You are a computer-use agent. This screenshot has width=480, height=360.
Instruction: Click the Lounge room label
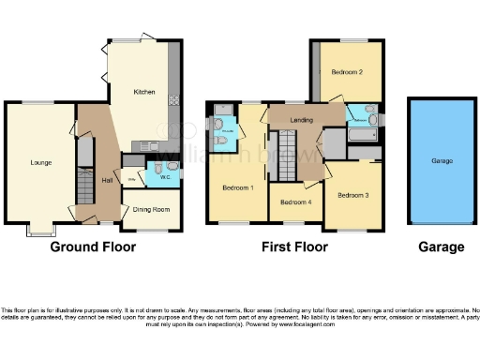(x=39, y=162)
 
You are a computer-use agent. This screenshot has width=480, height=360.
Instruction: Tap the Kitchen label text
(x=143, y=92)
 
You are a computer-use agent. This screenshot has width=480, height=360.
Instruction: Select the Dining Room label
(x=150, y=210)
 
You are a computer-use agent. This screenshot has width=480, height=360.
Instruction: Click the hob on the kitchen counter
(x=173, y=100)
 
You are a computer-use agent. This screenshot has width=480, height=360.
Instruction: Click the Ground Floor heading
(x=92, y=247)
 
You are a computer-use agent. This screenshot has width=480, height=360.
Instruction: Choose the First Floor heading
(x=295, y=247)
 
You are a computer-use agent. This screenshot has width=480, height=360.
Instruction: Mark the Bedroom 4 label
(x=293, y=202)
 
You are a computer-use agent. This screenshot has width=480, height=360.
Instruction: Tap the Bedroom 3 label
(x=354, y=194)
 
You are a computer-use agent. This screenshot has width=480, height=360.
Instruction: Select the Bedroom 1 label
(x=238, y=187)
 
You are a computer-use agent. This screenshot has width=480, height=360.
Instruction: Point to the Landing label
(x=302, y=118)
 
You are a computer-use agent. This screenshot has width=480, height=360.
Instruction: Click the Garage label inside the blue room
(x=441, y=160)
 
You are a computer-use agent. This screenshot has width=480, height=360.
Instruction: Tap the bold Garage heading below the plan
(x=441, y=247)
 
